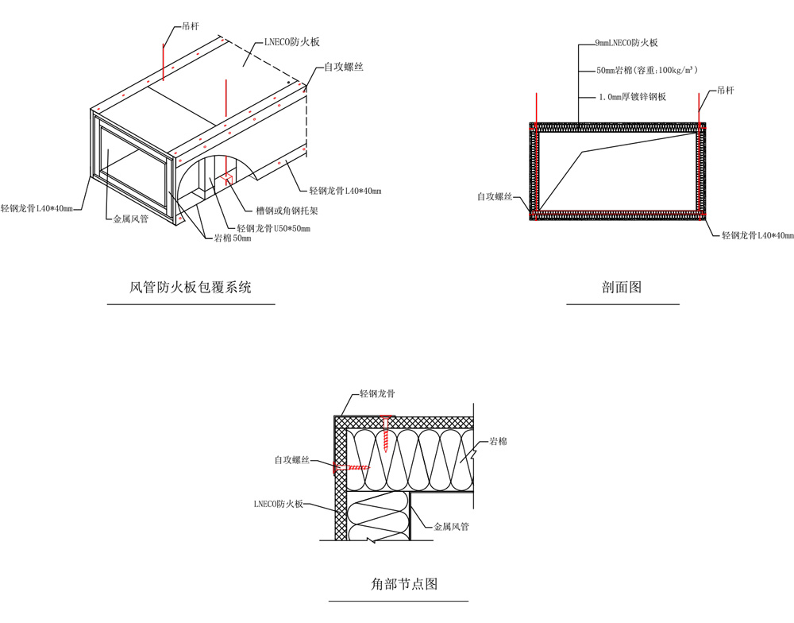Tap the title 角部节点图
click(x=404, y=584)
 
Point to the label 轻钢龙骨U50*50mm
click(x=273, y=229)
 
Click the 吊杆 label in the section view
click(x=726, y=91)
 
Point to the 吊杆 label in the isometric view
click(x=187, y=26)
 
